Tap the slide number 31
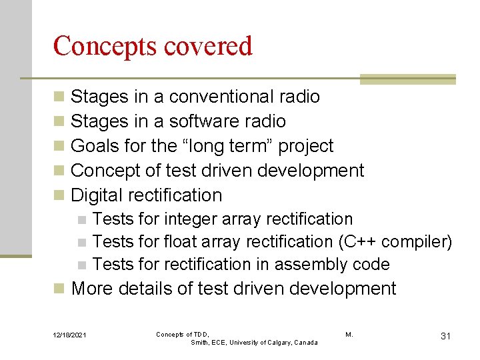tap(445, 336)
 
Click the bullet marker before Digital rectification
tap(59, 196)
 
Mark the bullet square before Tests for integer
tap(81, 220)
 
